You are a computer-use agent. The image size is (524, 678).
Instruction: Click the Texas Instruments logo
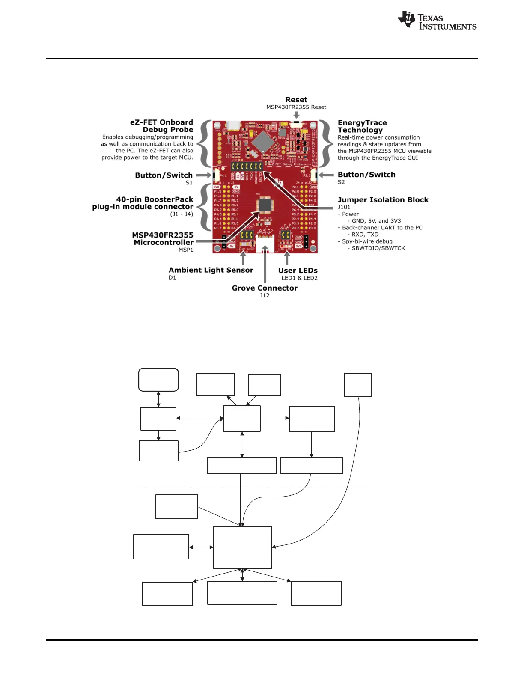437,21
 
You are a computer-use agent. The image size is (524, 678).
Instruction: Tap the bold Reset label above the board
296,100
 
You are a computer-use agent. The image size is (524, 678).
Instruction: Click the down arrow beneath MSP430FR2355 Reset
296,115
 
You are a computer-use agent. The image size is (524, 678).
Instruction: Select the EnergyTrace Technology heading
362,126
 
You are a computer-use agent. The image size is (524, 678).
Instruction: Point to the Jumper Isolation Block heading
383,200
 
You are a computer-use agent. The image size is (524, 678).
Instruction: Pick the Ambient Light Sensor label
211,270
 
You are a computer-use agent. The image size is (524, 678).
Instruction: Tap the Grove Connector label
265,288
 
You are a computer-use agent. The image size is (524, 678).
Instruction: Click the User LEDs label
298,271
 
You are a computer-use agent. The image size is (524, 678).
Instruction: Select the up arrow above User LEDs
287,258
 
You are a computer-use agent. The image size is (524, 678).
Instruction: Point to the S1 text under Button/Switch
189,183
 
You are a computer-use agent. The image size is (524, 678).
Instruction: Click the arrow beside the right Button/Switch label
327,175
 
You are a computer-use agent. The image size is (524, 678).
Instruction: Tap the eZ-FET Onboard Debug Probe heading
161,126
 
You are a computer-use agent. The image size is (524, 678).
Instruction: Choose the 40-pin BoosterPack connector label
143,203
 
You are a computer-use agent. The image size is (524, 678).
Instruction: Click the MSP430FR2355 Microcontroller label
163,239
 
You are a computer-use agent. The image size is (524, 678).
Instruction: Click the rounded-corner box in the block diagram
158,380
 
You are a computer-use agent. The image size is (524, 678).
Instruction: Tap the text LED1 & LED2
299,278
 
